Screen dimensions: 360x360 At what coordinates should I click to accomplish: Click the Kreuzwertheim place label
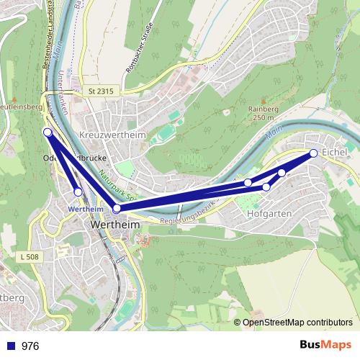[x=112, y=135]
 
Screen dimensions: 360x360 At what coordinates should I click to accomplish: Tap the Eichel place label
[x=335, y=153]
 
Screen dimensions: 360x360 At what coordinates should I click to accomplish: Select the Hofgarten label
[x=269, y=214]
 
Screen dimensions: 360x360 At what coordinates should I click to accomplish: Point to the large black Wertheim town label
[x=114, y=225]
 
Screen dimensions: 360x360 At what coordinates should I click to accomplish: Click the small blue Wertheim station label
[x=85, y=209]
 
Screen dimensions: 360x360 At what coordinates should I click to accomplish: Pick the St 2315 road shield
[x=102, y=91]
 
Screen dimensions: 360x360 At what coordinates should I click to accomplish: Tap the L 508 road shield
[x=30, y=257]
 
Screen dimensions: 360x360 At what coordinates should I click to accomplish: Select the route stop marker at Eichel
[x=314, y=153]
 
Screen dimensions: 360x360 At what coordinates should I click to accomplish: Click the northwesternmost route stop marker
[x=48, y=132]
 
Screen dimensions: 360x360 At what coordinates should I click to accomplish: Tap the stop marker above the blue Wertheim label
[x=78, y=192]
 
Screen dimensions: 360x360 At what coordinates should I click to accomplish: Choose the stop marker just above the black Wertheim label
[x=117, y=208]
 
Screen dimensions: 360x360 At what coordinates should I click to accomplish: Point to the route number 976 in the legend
[x=30, y=346]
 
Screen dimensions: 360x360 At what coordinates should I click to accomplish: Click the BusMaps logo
[x=325, y=345]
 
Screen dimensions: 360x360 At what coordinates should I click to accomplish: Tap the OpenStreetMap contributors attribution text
[x=297, y=323]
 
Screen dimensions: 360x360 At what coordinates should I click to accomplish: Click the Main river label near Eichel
[x=272, y=134]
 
